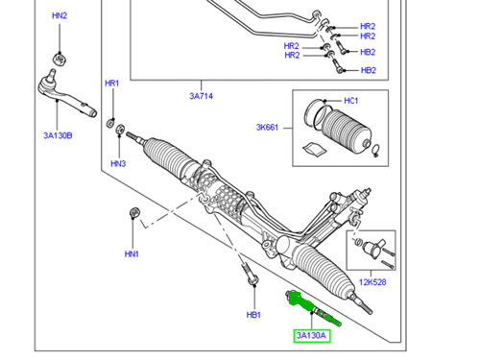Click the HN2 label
point(60,16)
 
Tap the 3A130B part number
point(58,135)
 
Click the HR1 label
point(111,84)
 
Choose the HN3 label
point(118,163)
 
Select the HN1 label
point(132,253)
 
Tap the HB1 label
point(253,314)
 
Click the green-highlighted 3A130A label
point(312,335)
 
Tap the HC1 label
point(350,101)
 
